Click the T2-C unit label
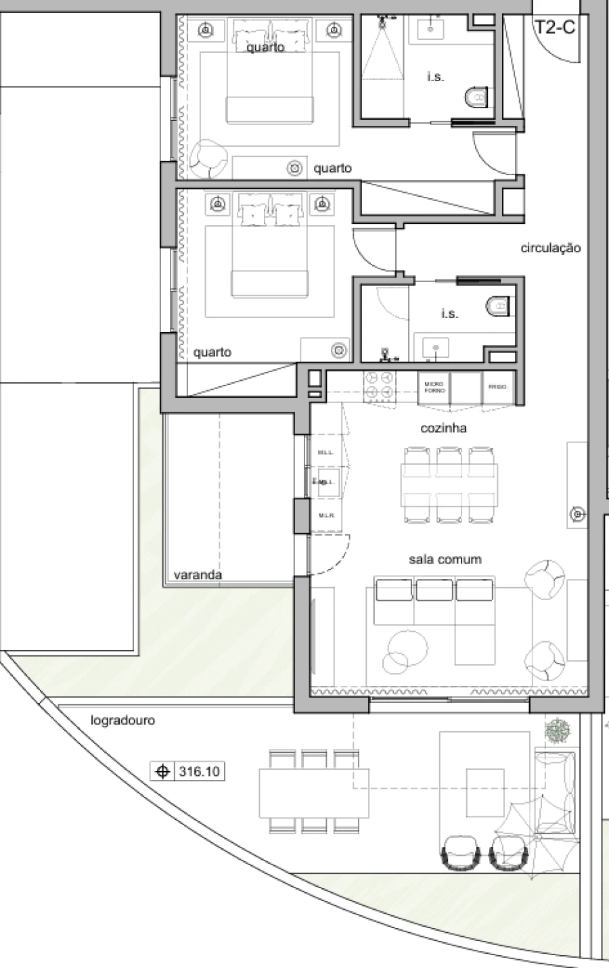pyautogui.click(x=555, y=28)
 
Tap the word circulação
pyautogui.click(x=550, y=248)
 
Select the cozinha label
pyautogui.click(x=443, y=428)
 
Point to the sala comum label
pyautogui.click(x=445, y=559)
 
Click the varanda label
pyautogui.click(x=198, y=575)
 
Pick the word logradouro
pyautogui.click(x=122, y=720)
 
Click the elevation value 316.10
pyautogui.click(x=199, y=771)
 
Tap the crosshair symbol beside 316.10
pyautogui.click(x=162, y=771)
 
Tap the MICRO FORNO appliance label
pyautogui.click(x=434, y=387)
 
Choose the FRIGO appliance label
pyautogui.click(x=497, y=387)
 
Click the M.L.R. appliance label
pyautogui.click(x=326, y=515)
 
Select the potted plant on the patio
pyautogui.click(x=558, y=730)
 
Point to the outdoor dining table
pyautogui.click(x=313, y=792)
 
